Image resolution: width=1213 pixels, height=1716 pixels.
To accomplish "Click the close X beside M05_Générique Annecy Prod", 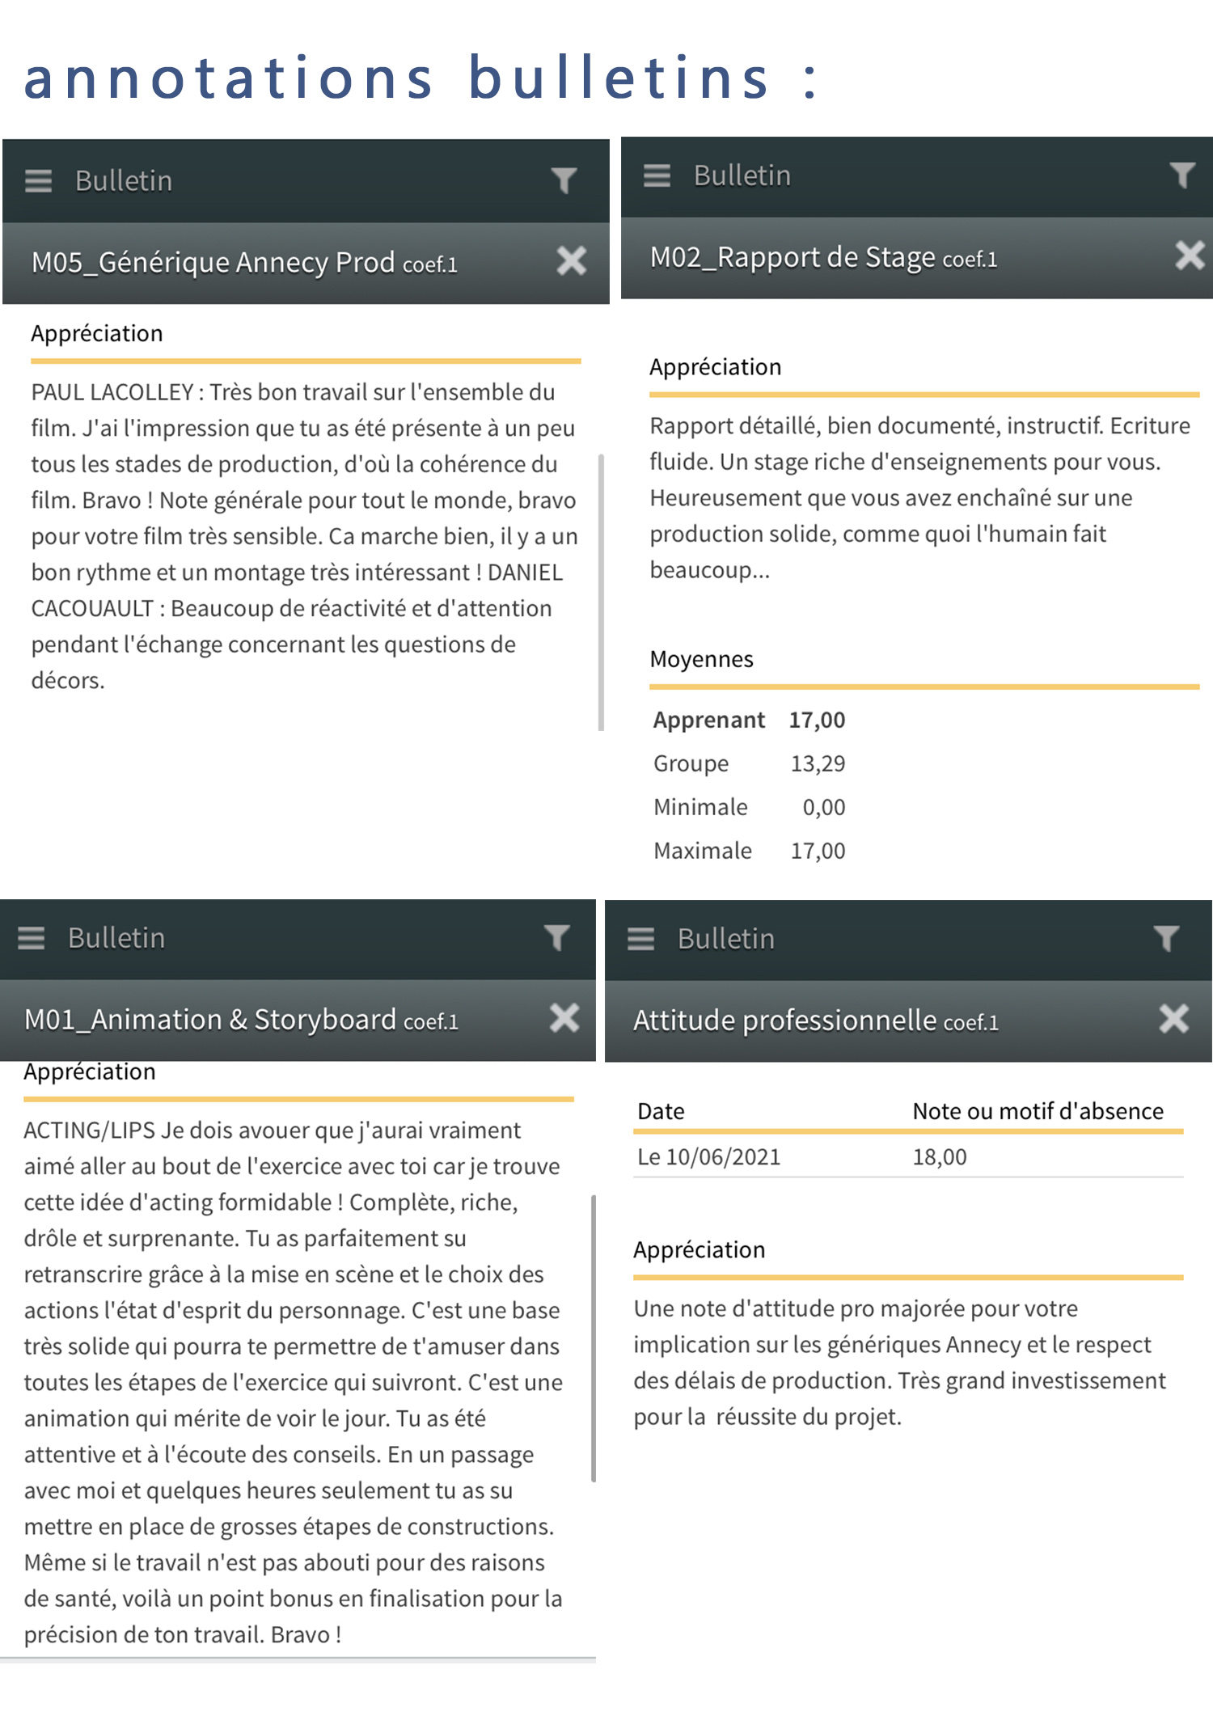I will pos(571,261).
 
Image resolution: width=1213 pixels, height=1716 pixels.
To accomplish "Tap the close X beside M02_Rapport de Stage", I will pos(1190,256).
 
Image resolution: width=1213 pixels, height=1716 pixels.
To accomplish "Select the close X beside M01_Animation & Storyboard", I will pos(564,1018).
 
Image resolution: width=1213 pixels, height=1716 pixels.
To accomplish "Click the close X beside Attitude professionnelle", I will pos(1173,1019).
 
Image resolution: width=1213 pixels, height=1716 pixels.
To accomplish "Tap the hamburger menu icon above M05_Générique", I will pos(38,181).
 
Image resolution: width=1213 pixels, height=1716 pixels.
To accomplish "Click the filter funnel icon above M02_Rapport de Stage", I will pos(1181,175).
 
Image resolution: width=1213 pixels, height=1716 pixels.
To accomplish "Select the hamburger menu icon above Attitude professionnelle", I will pos(640,939).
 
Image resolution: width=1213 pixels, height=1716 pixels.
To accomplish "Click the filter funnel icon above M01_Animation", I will pos(556,938).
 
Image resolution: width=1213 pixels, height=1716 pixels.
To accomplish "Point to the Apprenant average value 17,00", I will pos(817,720).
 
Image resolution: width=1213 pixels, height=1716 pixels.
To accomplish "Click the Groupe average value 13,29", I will pos(818,763).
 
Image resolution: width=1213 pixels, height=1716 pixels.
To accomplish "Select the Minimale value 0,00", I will pos(823,807).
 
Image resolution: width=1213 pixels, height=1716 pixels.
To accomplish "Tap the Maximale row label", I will pos(702,851).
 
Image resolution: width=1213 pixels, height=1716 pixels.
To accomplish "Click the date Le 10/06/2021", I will pos(708,1157).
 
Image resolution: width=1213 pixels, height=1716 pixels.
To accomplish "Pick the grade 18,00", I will pos(939,1157).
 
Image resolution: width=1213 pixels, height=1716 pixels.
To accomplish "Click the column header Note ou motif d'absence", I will pos(1038,1111).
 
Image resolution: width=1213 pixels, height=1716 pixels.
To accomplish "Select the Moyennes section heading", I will pos(701,659).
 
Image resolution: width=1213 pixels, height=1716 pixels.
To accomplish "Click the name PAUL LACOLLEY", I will pos(112,392).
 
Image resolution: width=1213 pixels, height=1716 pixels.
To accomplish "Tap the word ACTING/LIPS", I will pos(89,1130).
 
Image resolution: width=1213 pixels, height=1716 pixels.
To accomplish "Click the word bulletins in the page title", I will pos(619,78).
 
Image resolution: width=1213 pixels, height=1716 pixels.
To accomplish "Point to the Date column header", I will pos(661,1111).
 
